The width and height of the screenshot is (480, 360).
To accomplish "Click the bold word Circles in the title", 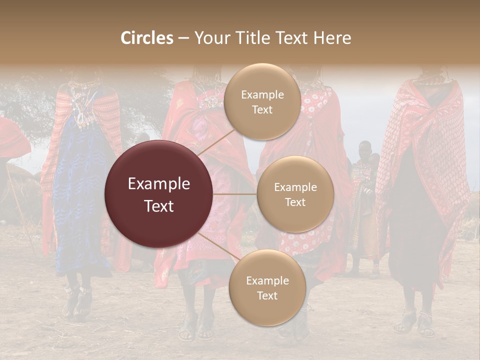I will click(147, 38).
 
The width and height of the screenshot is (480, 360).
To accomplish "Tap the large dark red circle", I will click(159, 194).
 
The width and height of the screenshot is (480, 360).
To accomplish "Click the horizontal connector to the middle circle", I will click(235, 194).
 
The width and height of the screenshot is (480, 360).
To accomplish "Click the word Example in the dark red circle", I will click(159, 184).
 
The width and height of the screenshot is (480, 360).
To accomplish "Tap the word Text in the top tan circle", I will click(262, 110).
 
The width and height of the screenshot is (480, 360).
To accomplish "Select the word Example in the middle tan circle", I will click(295, 187).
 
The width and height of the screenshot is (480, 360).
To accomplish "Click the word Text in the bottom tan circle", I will click(267, 296).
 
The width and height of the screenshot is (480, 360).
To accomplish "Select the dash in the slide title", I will click(183, 38).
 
